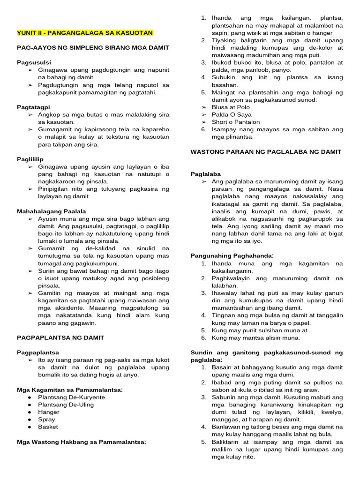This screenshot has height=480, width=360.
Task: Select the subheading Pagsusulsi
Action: [34, 62]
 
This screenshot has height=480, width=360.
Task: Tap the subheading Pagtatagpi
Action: [34, 107]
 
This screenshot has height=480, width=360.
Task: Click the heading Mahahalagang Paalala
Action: [52, 211]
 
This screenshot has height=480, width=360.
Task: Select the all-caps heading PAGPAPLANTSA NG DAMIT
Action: [60, 337]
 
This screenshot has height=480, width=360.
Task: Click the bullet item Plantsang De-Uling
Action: [66, 405]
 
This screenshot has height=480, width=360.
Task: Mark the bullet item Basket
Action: [48, 427]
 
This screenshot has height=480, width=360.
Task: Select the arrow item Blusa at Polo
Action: [231, 107]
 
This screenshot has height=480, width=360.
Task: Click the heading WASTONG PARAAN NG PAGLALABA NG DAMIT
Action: [266, 151]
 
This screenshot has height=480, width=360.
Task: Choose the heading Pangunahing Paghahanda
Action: [232, 255]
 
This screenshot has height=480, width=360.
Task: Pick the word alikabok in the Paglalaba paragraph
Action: [225, 218]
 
